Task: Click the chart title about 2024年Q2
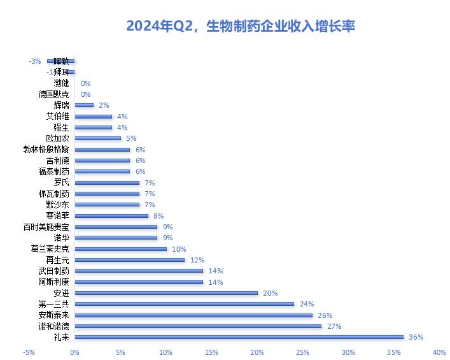tap(241, 26)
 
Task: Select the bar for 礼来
tap(239, 337)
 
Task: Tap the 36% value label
tap(416, 337)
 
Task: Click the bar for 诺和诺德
tap(198, 326)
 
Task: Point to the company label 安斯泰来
tap(53, 315)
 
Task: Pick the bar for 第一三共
tap(184, 304)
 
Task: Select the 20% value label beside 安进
tap(270, 293)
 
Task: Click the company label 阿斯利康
tap(53, 282)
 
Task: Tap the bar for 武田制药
tap(138, 271)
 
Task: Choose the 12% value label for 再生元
tap(197, 260)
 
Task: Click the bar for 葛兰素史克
tap(120, 249)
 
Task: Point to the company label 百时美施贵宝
tap(46, 227)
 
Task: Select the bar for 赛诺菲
tap(111, 216)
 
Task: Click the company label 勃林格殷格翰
tap(46, 149)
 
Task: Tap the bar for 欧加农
tap(97, 138)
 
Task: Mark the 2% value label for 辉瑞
tap(105, 105)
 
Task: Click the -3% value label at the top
tap(34, 61)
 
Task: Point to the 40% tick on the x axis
tap(439, 352)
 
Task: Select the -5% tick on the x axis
tap(29, 352)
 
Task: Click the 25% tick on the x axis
tap(302, 352)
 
